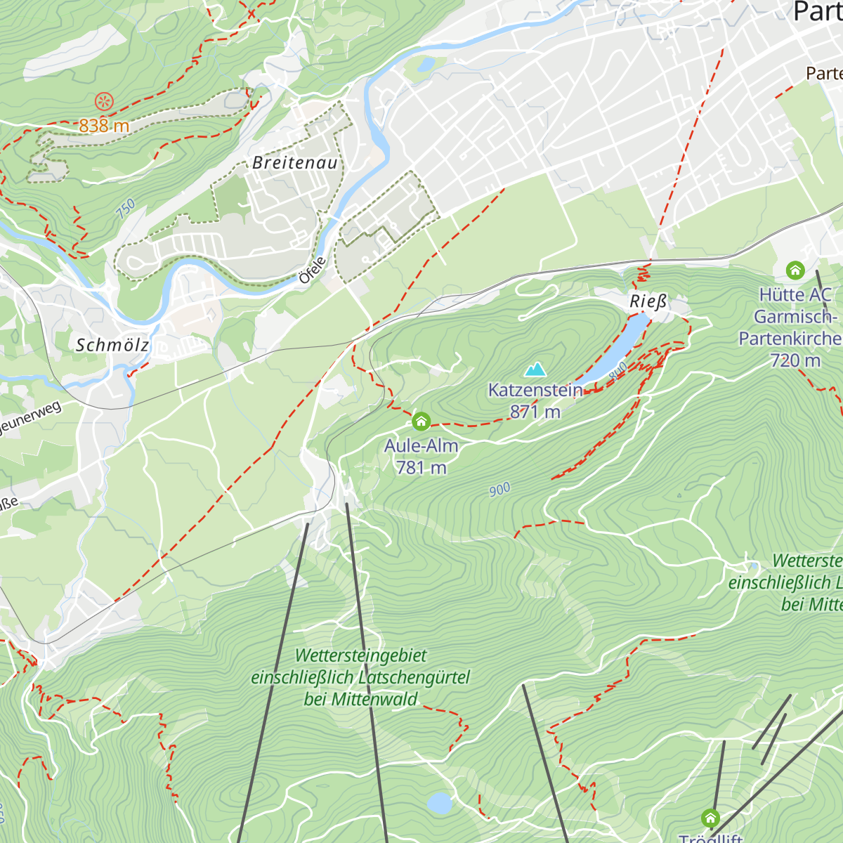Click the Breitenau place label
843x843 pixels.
click(295, 163)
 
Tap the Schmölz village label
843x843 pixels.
click(112, 345)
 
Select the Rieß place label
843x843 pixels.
click(648, 302)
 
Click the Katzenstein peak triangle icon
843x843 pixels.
click(535, 369)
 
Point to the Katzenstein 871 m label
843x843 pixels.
click(535, 401)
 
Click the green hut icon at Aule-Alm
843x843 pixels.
click(421, 421)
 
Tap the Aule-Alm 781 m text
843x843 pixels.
click(421, 457)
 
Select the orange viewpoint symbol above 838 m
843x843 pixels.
click(104, 102)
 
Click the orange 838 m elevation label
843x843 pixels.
click(104, 126)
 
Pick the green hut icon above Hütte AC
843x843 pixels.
click(795, 270)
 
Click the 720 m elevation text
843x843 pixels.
click(795, 360)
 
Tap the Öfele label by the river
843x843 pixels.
click(313, 270)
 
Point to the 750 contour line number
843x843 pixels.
click(125, 209)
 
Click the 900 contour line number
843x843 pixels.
click(499, 490)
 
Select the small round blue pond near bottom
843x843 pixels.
click(440, 803)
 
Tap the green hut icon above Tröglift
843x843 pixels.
click(710, 818)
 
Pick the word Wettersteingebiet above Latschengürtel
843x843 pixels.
click(360, 655)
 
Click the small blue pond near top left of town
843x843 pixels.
click(426, 65)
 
